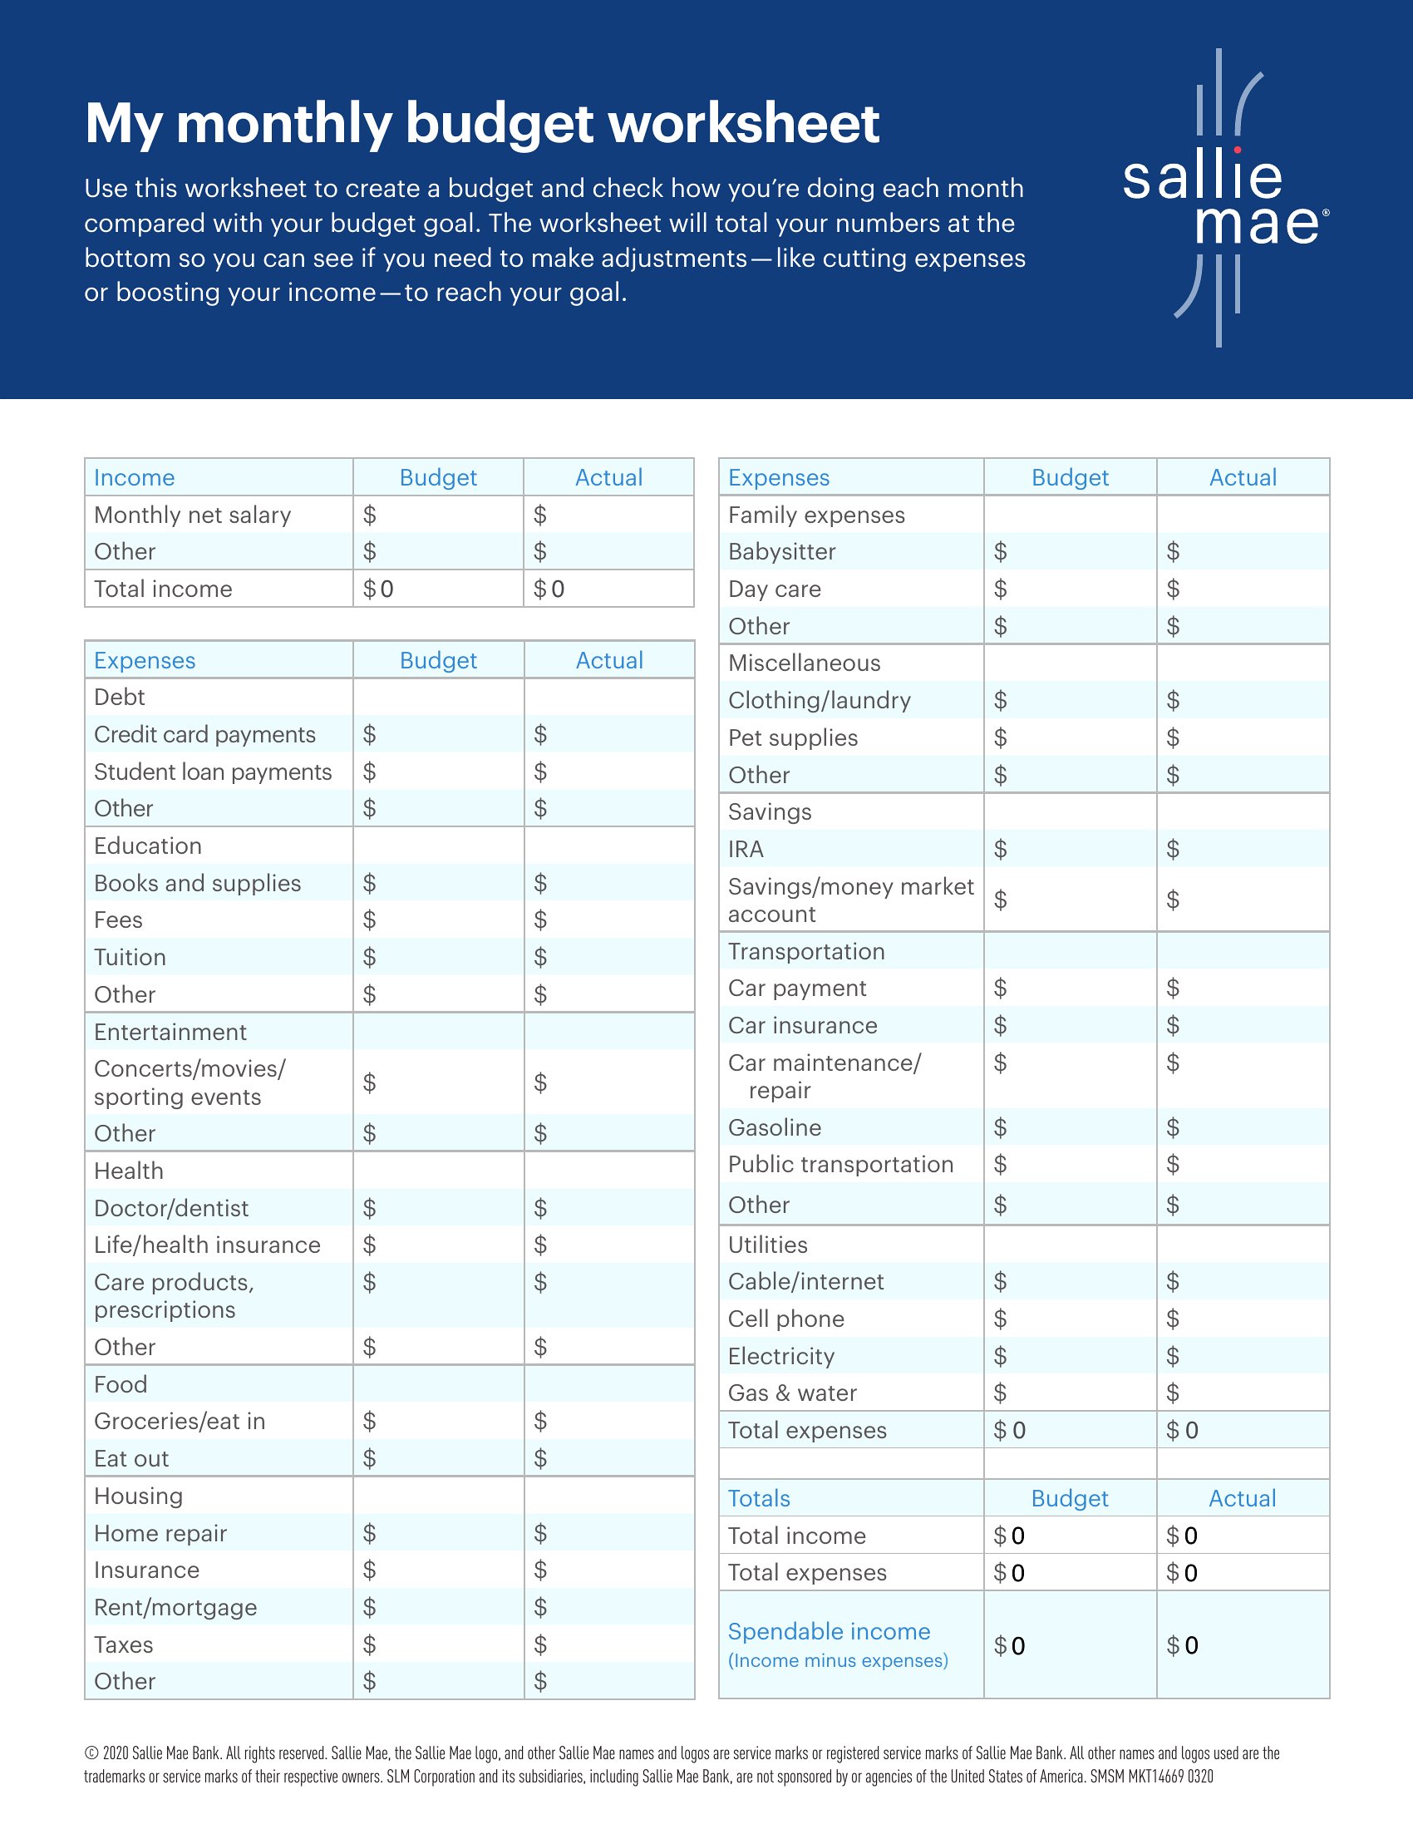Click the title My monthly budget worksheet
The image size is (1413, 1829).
tap(482, 124)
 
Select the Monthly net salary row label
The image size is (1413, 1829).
tap(193, 515)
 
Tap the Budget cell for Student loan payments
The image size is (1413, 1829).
tap(439, 772)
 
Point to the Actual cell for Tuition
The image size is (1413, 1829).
tap(609, 956)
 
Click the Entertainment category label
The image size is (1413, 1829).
tap(170, 1032)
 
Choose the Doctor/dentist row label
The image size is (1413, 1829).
tap(170, 1209)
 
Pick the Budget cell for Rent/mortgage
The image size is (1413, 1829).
tap(439, 1607)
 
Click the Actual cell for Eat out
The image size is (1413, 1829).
tap(609, 1458)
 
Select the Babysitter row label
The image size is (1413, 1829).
tap(782, 552)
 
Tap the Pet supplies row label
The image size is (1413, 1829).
tap(793, 737)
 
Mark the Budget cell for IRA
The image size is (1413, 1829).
tap(1070, 849)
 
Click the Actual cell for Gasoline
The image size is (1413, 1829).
tap(1243, 1127)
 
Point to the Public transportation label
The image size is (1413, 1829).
tap(840, 1165)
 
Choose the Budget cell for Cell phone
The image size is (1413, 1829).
tap(1070, 1319)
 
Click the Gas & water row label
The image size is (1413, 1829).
tap(792, 1393)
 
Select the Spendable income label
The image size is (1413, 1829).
tap(829, 1631)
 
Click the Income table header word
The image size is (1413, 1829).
tap(134, 477)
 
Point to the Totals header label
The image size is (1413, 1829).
tap(759, 1498)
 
